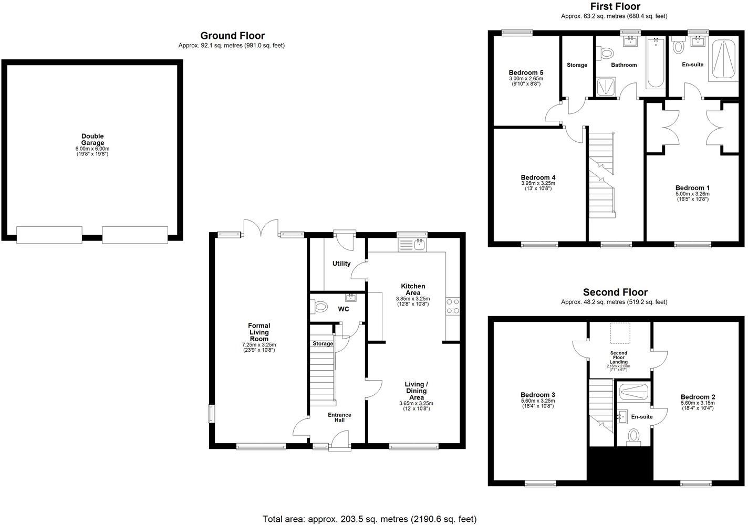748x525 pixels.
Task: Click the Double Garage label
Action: click(x=92, y=140)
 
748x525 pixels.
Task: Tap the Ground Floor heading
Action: click(x=232, y=36)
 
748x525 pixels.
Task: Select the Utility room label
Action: click(x=341, y=264)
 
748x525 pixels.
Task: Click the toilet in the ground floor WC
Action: click(x=319, y=306)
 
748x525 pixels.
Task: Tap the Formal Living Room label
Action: click(x=259, y=332)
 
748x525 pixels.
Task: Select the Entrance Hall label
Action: click(x=339, y=417)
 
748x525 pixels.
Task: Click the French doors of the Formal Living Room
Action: click(x=261, y=228)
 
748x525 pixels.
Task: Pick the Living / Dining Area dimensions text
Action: click(x=416, y=406)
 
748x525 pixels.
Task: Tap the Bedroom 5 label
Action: click(x=526, y=73)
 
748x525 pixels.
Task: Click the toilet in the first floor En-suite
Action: click(x=678, y=47)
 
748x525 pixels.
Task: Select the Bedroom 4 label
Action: click(x=538, y=177)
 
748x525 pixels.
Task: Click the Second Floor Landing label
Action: click(x=619, y=358)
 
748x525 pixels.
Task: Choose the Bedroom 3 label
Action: click(x=538, y=395)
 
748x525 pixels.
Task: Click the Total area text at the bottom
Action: click(x=369, y=519)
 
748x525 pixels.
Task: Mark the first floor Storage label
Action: click(x=577, y=65)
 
